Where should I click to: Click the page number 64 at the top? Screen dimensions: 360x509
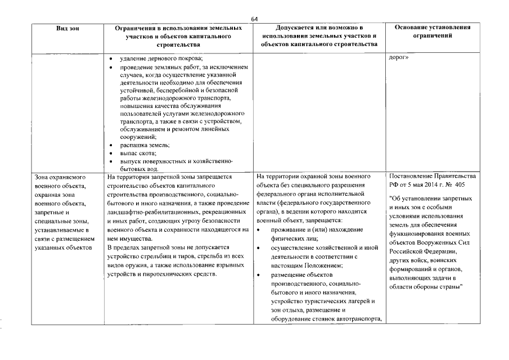[255, 19]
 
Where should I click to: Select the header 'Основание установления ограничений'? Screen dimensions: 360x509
[433, 31]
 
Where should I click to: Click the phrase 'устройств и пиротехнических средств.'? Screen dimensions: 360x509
[161, 274]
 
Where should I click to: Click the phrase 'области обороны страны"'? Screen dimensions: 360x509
[426, 287]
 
